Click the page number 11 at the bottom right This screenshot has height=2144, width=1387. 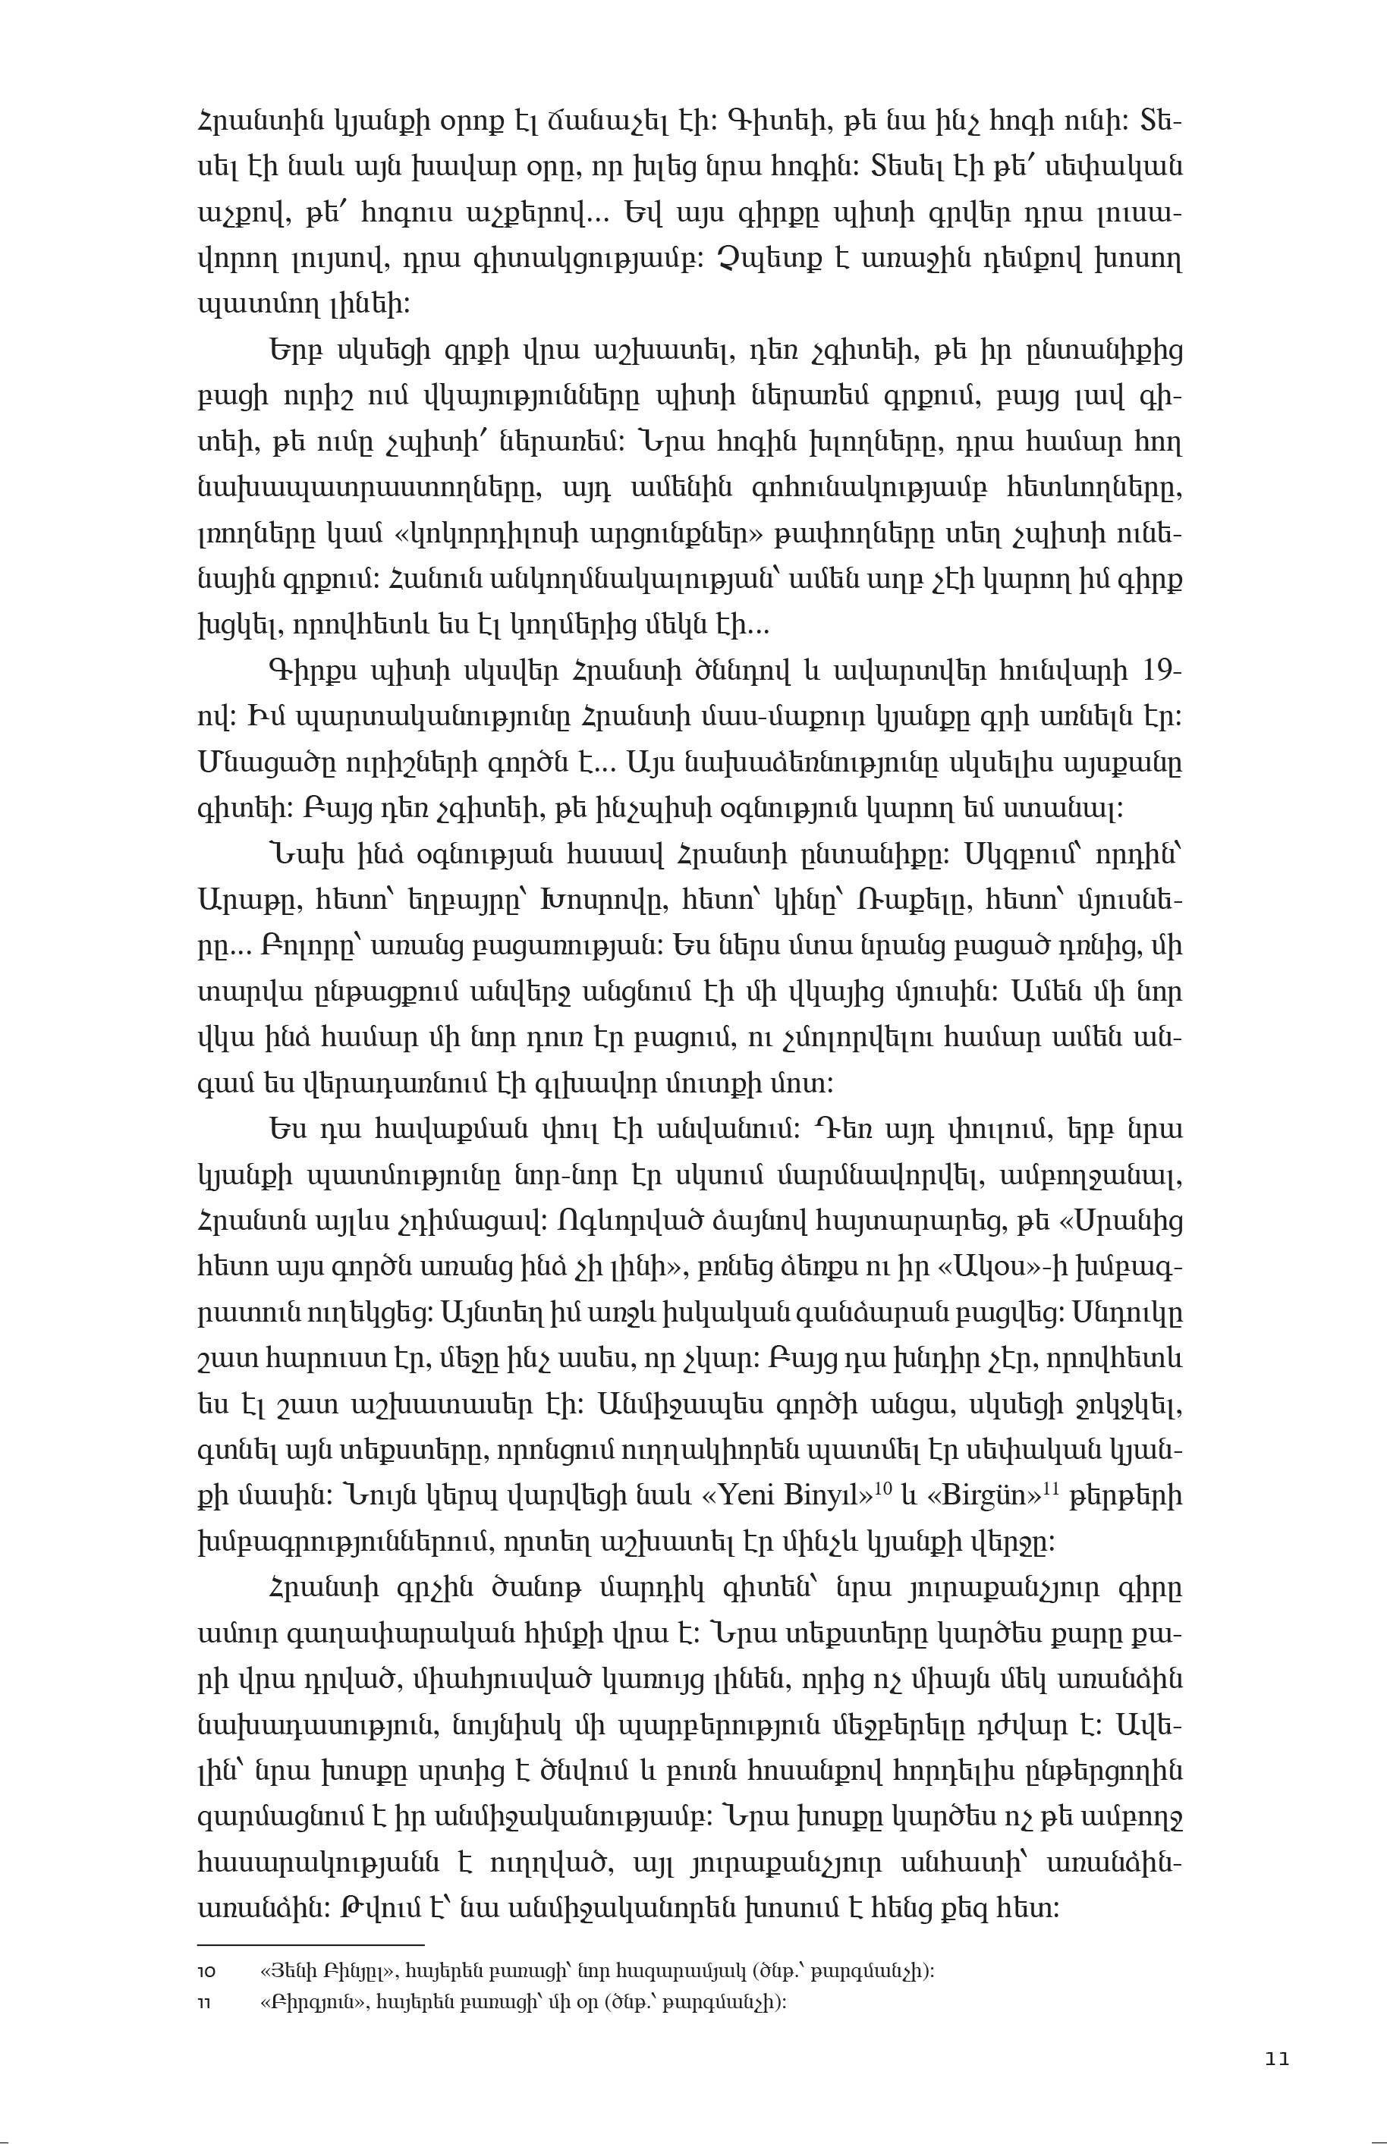(1276, 2059)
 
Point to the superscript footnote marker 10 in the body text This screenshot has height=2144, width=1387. (883, 1488)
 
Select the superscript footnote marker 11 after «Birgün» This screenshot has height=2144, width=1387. (1050, 1488)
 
